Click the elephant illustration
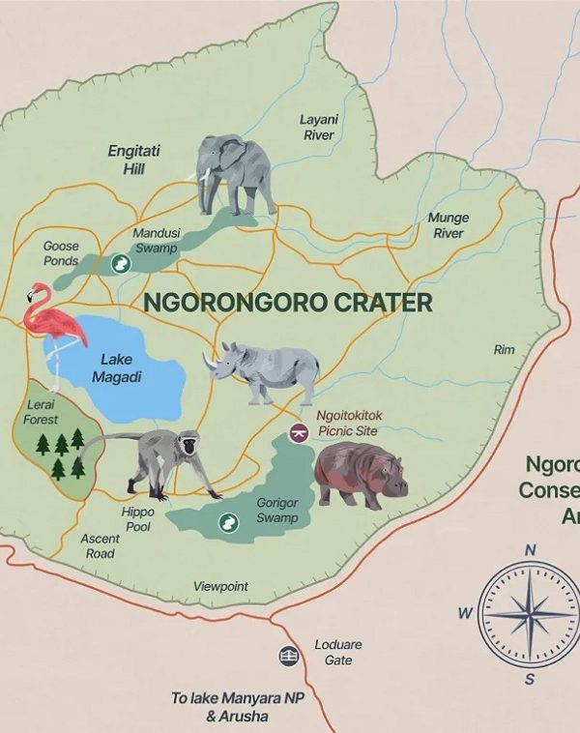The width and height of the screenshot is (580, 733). [235, 173]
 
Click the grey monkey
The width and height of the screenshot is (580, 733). [160, 460]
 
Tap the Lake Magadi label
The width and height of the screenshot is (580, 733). [116, 368]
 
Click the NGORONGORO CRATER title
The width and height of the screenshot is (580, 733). [288, 303]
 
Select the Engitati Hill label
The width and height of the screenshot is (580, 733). [133, 160]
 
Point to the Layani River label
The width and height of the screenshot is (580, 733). [318, 128]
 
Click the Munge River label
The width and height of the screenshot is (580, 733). [448, 225]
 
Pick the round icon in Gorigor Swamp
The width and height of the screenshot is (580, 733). [228, 522]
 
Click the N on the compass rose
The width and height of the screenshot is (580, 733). [530, 550]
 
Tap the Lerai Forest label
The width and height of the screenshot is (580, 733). [41, 414]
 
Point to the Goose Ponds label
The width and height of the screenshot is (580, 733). [61, 253]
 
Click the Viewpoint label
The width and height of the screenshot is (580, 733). [220, 586]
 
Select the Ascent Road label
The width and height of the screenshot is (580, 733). [100, 545]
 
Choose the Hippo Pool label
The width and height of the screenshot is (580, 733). [137, 519]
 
